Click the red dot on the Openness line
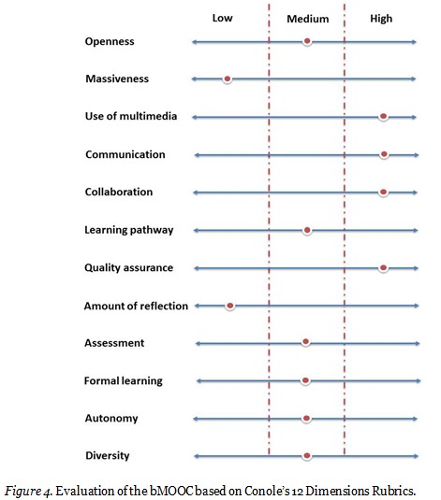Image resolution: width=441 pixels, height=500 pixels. click(307, 42)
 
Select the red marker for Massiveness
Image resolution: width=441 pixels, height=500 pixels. click(227, 79)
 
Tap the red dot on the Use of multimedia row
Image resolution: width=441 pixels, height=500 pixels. click(383, 117)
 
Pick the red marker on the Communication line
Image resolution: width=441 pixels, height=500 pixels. click(383, 154)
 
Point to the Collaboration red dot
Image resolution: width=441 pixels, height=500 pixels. click(383, 192)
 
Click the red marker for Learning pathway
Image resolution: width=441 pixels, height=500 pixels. click(307, 230)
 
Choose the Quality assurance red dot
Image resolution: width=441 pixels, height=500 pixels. click(383, 267)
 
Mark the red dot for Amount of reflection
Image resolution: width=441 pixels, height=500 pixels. click(229, 306)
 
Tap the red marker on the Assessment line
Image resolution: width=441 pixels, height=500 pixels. click(305, 343)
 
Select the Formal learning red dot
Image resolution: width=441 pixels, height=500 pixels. click(305, 380)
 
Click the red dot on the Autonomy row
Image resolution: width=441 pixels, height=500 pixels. click(306, 419)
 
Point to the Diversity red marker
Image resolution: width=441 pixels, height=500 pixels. click(306, 456)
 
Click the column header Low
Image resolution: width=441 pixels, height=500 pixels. click(223, 18)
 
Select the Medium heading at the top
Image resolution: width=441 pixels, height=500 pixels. click(307, 19)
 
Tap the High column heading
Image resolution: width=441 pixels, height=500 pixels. click(381, 19)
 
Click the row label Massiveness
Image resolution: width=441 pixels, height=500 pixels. click(116, 79)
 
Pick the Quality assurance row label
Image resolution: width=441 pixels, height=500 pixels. click(128, 268)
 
